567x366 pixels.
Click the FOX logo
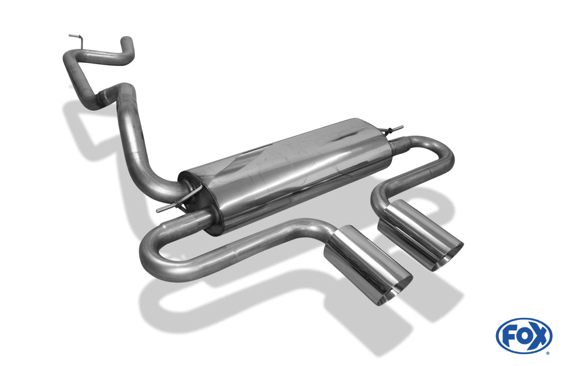point(524,335)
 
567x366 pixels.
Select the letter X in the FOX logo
point(540,336)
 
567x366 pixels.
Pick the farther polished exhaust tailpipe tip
point(420,235)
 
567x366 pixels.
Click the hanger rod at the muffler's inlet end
point(180,201)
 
